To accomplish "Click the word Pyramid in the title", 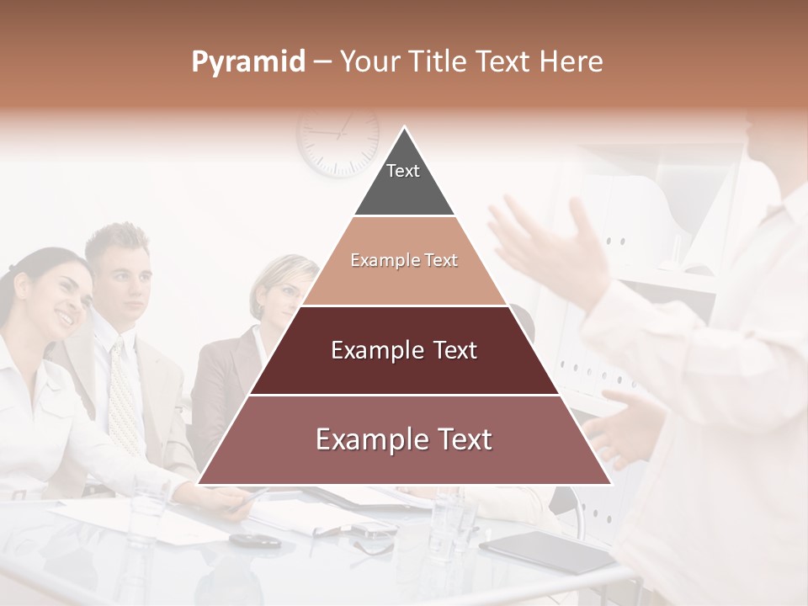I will pos(247,62).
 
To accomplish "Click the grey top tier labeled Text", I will pos(403,177).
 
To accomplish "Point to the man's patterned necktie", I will pos(124,396).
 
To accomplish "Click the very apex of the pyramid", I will pos(404,129).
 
